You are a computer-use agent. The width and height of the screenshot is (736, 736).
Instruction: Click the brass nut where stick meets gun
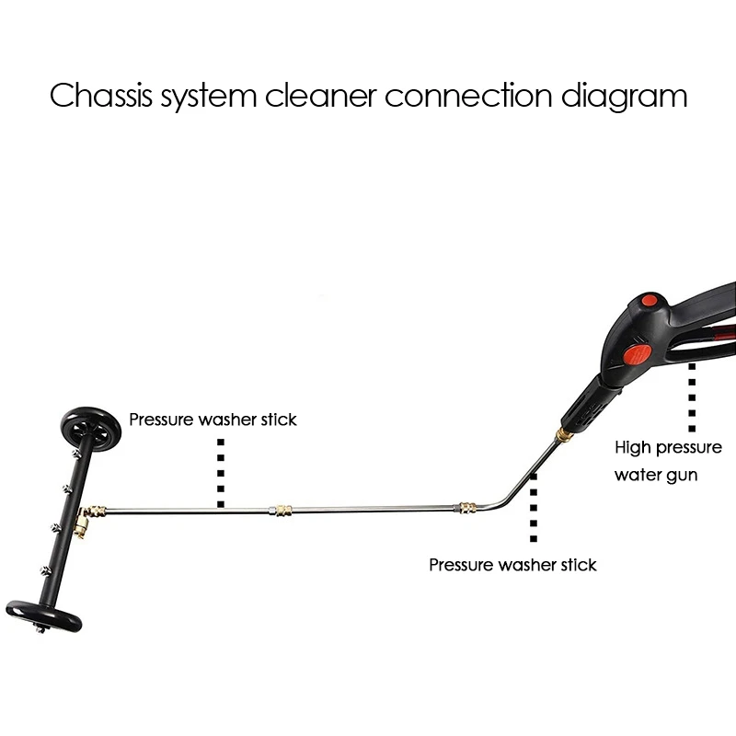tap(559, 431)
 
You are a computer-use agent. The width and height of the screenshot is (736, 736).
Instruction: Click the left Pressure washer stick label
tap(213, 420)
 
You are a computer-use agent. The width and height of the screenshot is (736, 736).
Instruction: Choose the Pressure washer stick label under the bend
tap(512, 565)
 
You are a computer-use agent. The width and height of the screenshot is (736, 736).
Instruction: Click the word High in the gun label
tap(633, 448)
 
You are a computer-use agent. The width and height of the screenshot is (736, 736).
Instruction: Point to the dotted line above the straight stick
tap(221, 472)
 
